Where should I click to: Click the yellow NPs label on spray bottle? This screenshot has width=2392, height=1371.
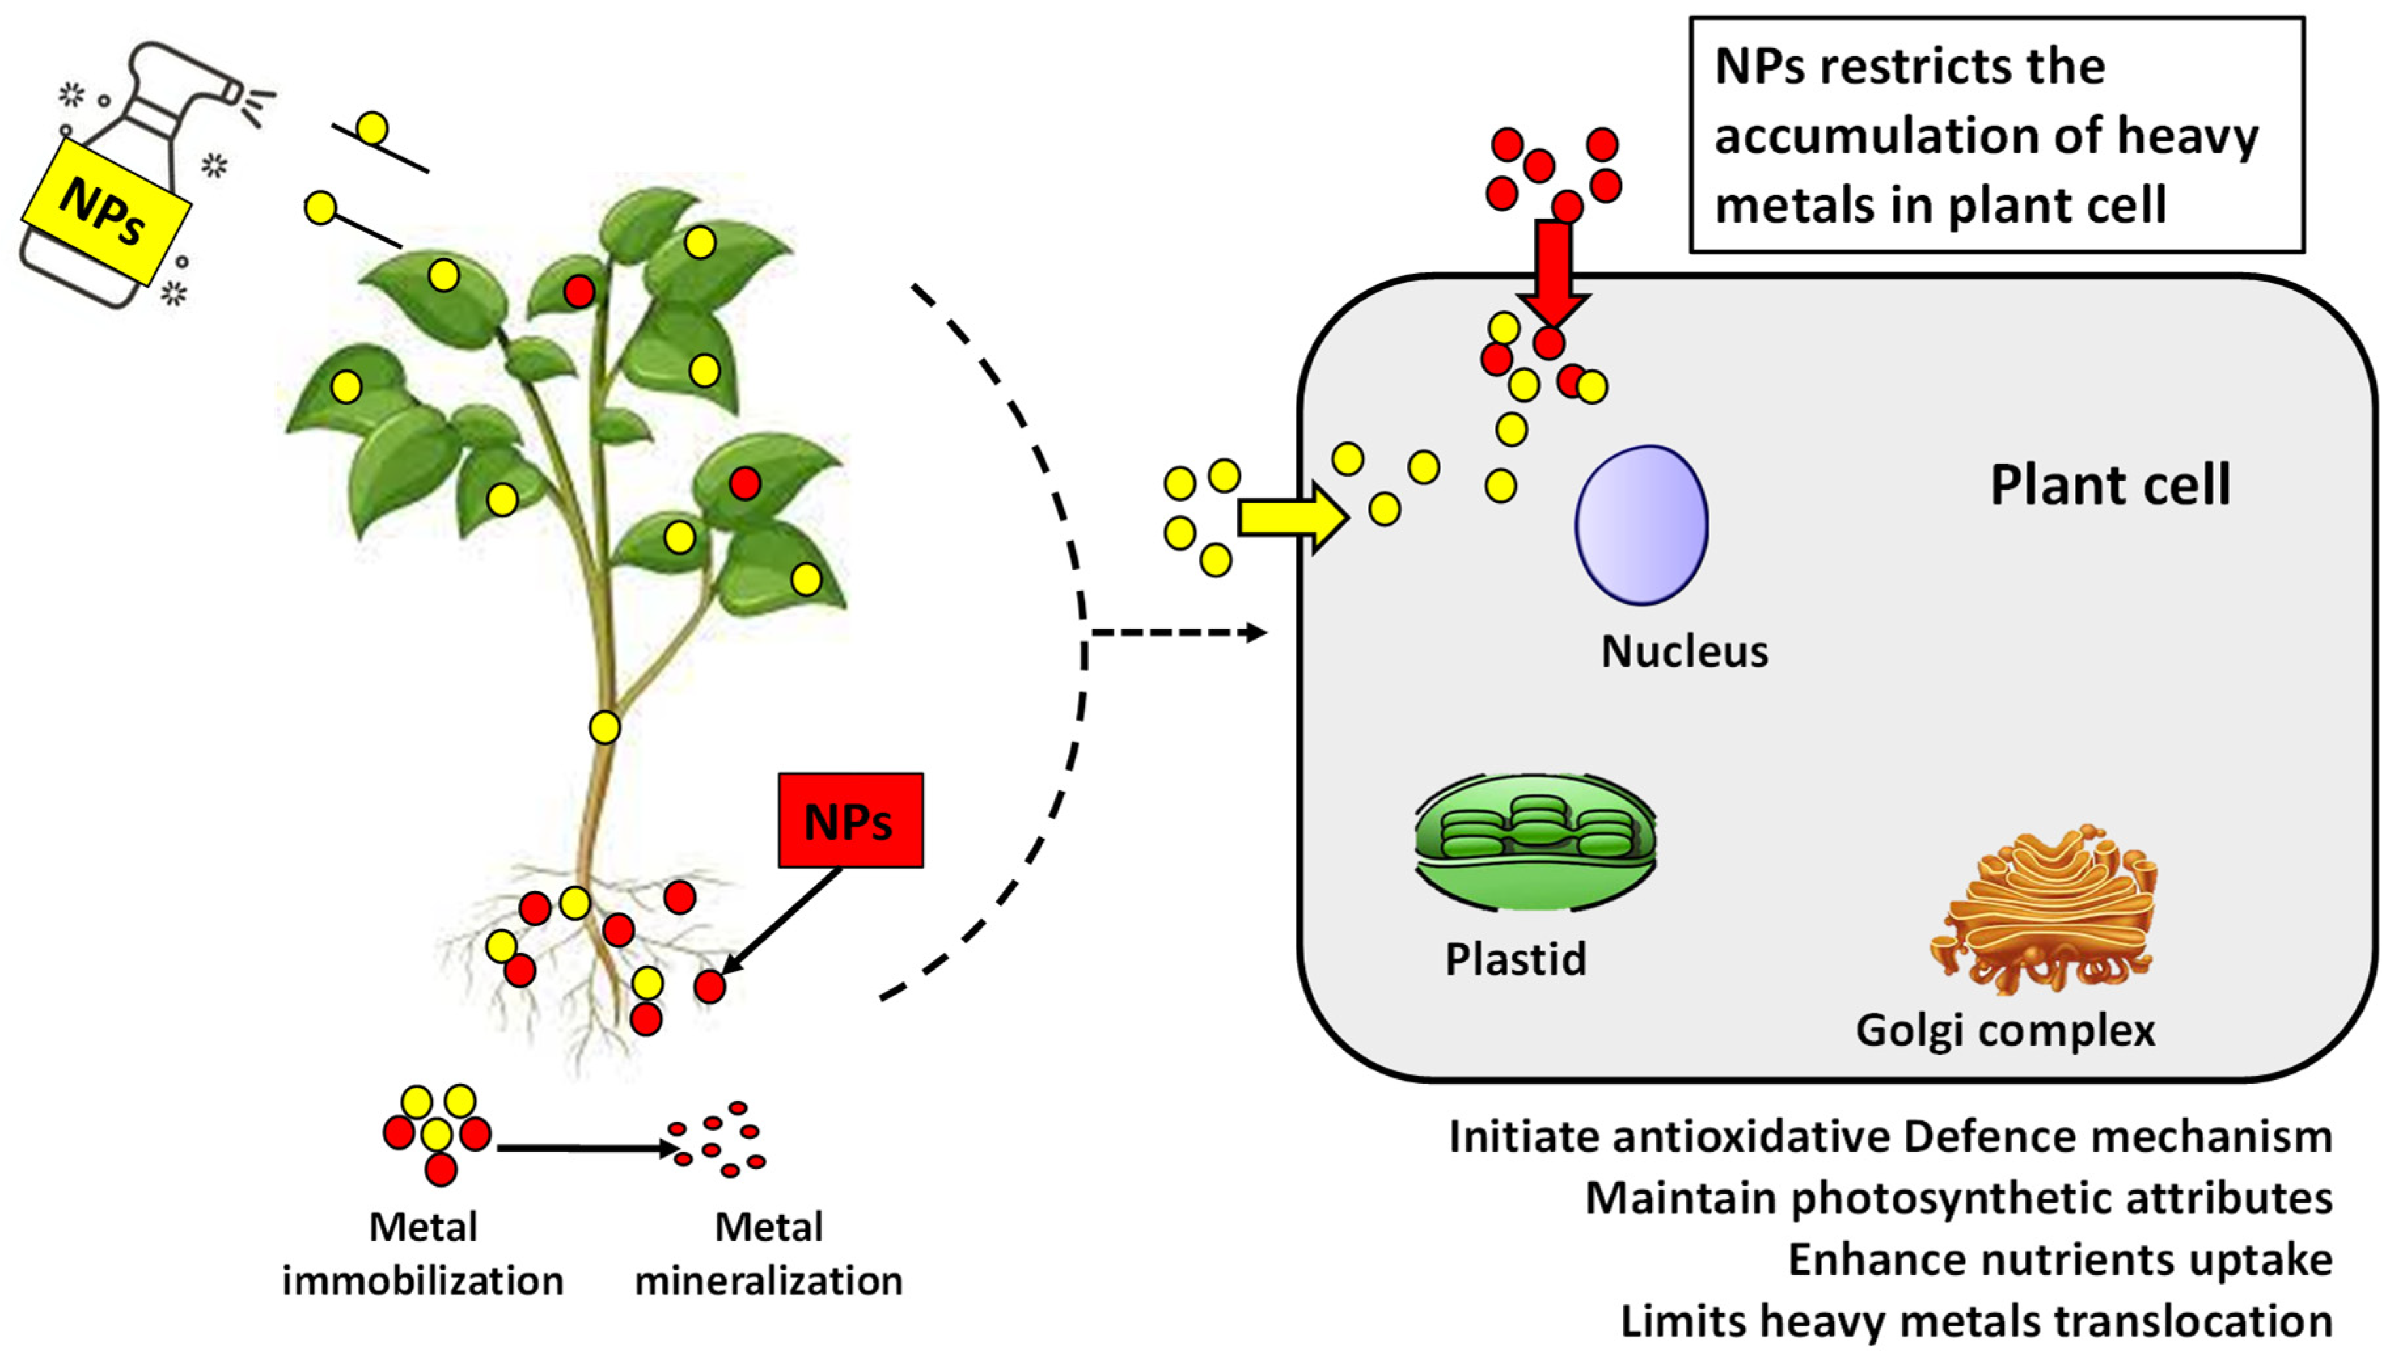pyautogui.click(x=105, y=211)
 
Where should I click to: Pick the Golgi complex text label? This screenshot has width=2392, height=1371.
pyautogui.click(x=2005, y=1030)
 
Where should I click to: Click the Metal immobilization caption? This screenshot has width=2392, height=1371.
pyautogui.click(x=423, y=1254)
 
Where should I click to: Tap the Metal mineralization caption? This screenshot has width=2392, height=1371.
pyautogui.click(x=768, y=1254)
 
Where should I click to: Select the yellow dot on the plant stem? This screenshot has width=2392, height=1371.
pyautogui.click(x=604, y=727)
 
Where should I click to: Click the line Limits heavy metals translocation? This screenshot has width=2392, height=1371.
pyautogui.click(x=1976, y=1322)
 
